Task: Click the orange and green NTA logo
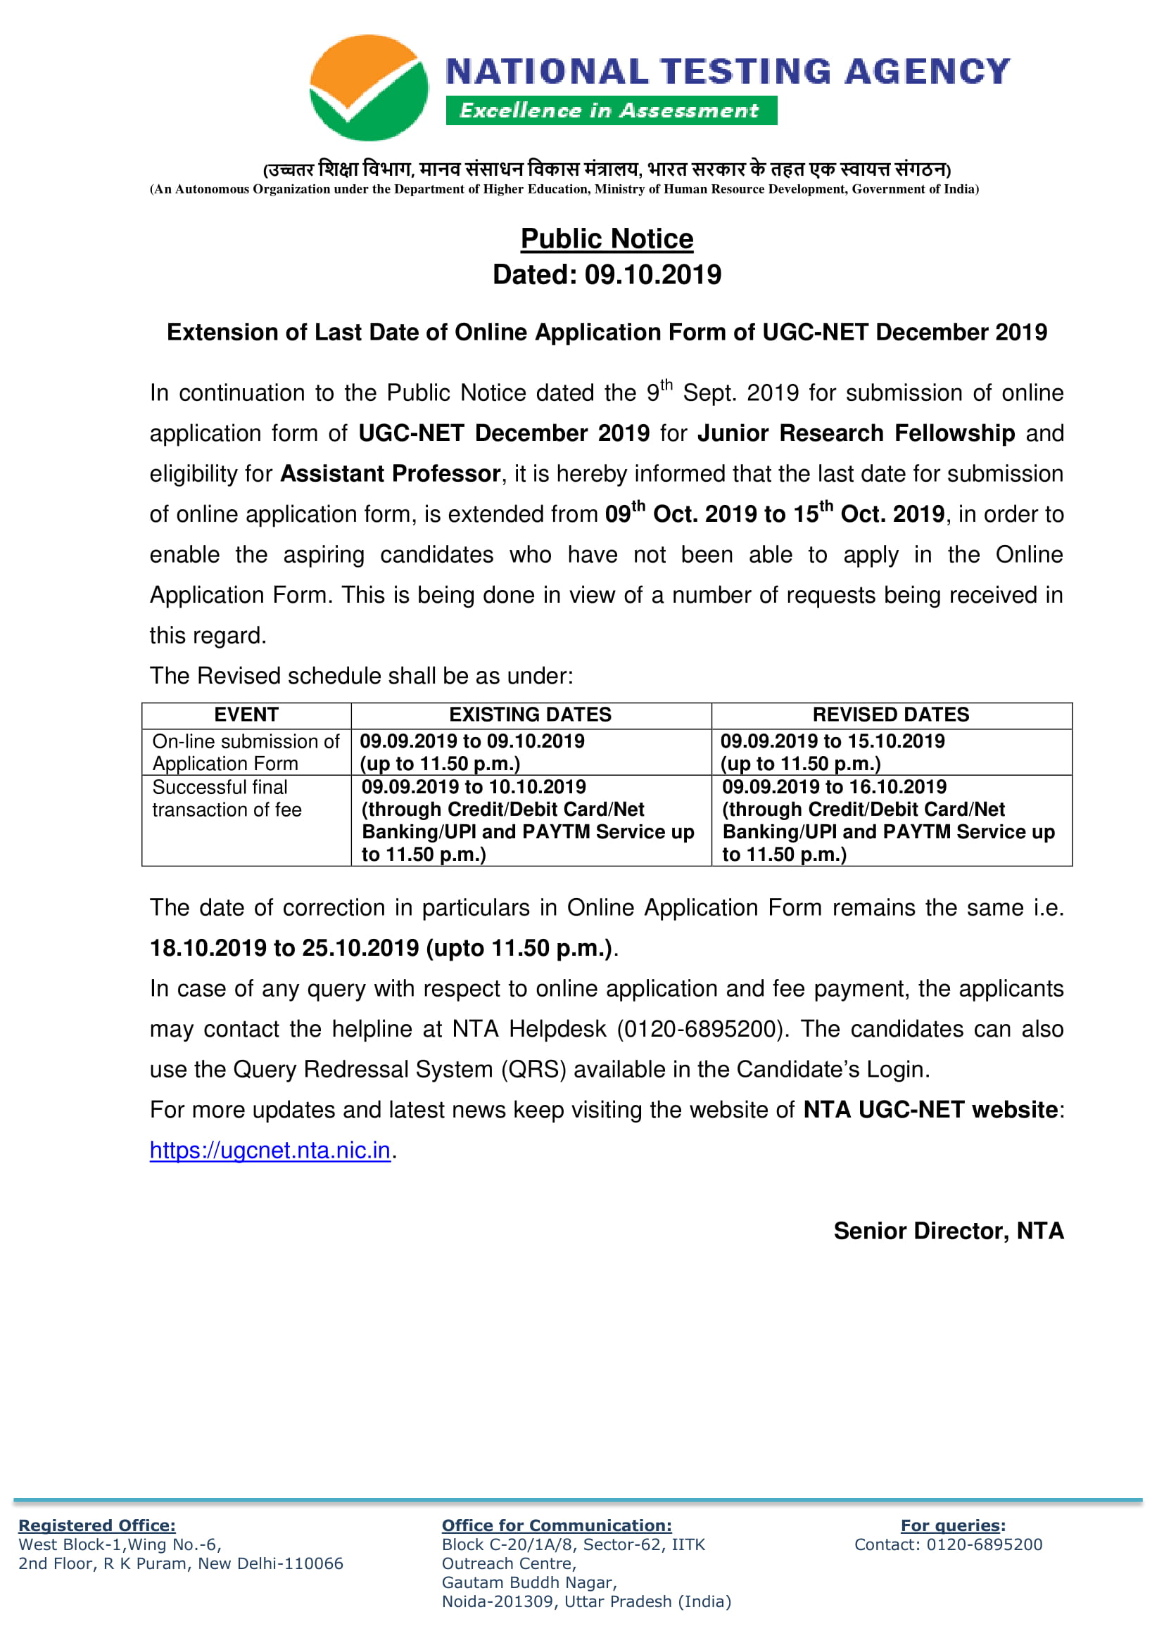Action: pyautogui.click(x=368, y=87)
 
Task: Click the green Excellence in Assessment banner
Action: pyautogui.click(x=611, y=110)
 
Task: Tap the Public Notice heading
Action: pyautogui.click(x=607, y=238)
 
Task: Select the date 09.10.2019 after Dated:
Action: pyautogui.click(x=653, y=274)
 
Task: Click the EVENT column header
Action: pyautogui.click(x=246, y=715)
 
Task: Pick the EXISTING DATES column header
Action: pyautogui.click(x=530, y=715)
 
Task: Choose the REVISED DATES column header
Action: pyautogui.click(x=890, y=715)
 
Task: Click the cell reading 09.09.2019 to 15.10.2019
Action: pyautogui.click(x=832, y=741)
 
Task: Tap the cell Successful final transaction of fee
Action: pyautogui.click(x=227, y=798)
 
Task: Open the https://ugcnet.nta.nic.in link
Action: pyautogui.click(x=270, y=1150)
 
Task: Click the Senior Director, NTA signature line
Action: pyautogui.click(x=947, y=1231)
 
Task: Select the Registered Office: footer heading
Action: pyautogui.click(x=96, y=1525)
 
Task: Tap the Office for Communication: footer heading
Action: pyautogui.click(x=556, y=1525)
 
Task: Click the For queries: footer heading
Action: pyautogui.click(x=953, y=1525)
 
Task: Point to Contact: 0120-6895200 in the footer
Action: pyautogui.click(x=947, y=1544)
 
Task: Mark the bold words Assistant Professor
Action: pyautogui.click(x=390, y=473)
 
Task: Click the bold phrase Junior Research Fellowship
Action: pyautogui.click(x=856, y=433)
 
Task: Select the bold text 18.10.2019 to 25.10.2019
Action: pyautogui.click(x=284, y=948)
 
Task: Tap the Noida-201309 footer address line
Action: pyautogui.click(x=586, y=1601)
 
